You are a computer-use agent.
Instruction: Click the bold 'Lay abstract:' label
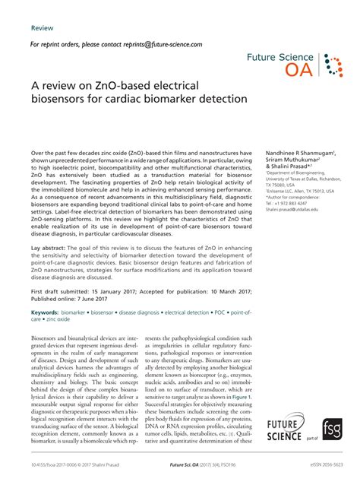(x=52, y=249)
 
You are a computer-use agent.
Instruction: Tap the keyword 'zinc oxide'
(x=50, y=319)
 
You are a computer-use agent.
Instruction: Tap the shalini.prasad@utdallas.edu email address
(x=293, y=209)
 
